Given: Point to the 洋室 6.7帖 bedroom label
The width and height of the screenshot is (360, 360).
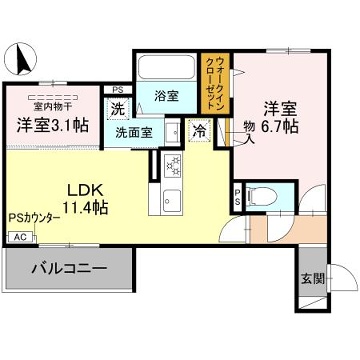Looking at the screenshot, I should point(281,117).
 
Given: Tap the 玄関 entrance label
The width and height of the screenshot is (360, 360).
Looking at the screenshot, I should point(311,279).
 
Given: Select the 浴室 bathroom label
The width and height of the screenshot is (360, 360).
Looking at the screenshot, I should point(167,97).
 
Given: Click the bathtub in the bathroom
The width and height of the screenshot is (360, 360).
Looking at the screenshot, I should point(166,70).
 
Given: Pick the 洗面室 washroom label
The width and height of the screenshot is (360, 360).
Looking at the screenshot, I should point(132,131).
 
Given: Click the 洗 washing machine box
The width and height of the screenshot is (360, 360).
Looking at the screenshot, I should point(118,109).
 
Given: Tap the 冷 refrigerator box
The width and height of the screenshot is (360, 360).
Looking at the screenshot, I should point(199,129).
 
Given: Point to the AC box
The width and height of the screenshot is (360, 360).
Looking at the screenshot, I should point(18,237).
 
